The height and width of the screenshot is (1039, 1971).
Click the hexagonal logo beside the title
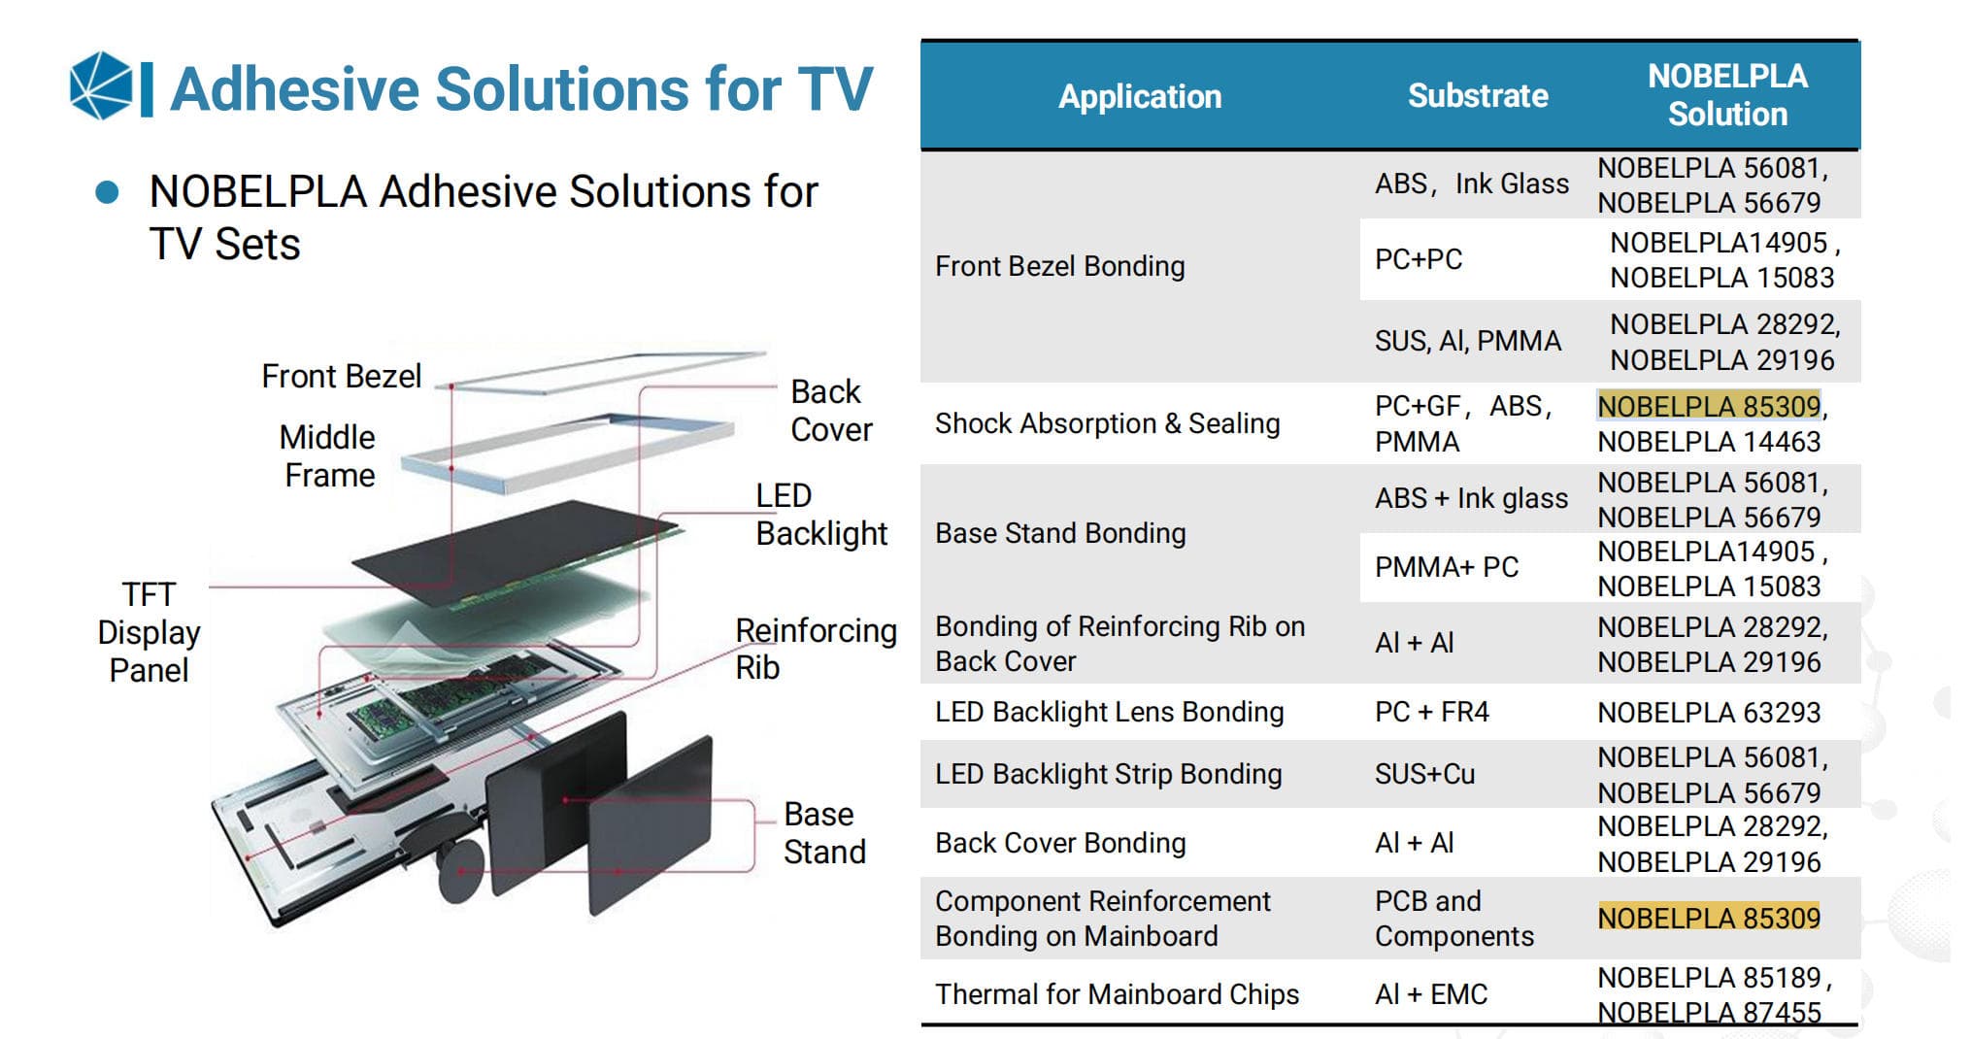pos(101,86)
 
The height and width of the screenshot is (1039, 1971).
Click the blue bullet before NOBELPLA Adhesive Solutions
pos(107,192)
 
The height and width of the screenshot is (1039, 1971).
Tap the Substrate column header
pos(1477,96)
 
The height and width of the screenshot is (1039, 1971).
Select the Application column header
pos(1139,96)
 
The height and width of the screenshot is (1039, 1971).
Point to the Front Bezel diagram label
pos(341,376)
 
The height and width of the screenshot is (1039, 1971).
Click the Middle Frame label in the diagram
pos(328,456)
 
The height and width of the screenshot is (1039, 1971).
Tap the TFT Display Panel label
pos(149,631)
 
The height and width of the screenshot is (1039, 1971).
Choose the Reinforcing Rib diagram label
pos(815,649)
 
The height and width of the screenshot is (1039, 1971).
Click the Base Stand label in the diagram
pos(824,832)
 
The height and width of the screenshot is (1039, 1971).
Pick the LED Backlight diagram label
pos(820,515)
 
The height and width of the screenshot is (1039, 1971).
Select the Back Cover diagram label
pos(830,410)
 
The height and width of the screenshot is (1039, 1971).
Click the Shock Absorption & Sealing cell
pos(1107,423)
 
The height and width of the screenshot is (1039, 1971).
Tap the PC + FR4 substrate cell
pos(1431,712)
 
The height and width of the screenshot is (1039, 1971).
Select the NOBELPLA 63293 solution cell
pos(1708,713)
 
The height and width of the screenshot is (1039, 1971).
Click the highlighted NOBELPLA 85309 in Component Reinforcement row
pos(1708,918)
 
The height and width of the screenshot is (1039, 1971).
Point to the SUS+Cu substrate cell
pos(1424,774)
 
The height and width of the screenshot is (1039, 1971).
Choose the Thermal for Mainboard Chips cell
pos(1117,994)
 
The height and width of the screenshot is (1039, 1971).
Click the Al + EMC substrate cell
pos(1430,994)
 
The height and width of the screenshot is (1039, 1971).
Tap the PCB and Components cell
pos(1453,919)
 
